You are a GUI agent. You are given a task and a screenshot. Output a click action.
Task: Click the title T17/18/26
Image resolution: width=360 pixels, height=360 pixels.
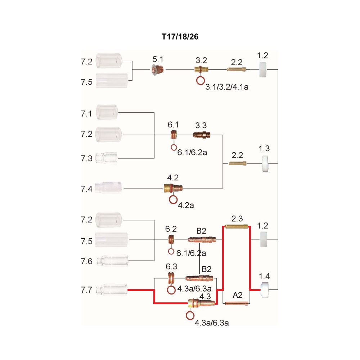[x=180, y=37]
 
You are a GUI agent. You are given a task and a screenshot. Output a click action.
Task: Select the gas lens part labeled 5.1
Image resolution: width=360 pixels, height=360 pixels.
[x=158, y=69]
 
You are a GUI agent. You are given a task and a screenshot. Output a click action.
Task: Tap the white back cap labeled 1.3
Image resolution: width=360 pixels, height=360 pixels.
[x=265, y=164]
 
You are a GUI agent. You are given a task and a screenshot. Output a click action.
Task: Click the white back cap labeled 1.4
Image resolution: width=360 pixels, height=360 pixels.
[x=264, y=290]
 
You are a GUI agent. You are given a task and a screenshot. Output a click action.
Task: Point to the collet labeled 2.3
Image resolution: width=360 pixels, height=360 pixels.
[x=236, y=226]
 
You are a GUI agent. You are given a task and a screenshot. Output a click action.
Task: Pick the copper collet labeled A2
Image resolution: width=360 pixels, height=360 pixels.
[x=237, y=303]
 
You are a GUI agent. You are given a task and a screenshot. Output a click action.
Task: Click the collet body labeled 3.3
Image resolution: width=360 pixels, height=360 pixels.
[x=202, y=135]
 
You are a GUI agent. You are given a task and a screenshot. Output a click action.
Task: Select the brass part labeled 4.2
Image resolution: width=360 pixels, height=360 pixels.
[x=173, y=188]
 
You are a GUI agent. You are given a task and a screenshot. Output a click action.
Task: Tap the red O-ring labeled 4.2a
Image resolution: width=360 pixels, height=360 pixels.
[x=174, y=199]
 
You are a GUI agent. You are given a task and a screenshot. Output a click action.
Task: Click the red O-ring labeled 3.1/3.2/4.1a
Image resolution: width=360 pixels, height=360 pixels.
[x=201, y=81]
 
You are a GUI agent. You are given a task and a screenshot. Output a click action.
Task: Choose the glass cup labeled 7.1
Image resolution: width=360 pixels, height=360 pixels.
[x=107, y=112]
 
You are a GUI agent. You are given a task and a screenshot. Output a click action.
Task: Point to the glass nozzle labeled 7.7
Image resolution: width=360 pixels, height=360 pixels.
[x=112, y=290]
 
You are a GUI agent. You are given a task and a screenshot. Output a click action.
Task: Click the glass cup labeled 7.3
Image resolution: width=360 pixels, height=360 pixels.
[x=106, y=158]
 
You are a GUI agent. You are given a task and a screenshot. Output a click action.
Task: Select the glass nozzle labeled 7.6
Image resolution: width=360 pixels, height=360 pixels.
[x=112, y=261]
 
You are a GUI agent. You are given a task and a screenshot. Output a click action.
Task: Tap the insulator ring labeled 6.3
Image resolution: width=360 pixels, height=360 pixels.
[x=171, y=278]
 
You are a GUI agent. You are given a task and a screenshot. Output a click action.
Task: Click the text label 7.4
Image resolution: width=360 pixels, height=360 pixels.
[x=86, y=189]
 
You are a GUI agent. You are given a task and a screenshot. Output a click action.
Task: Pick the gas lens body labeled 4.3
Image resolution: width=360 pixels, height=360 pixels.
[x=202, y=303]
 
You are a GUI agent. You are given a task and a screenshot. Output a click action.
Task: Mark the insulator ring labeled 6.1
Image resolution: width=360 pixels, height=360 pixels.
[x=174, y=135]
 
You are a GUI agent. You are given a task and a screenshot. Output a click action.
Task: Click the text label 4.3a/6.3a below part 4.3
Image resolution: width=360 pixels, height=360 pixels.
[x=212, y=323]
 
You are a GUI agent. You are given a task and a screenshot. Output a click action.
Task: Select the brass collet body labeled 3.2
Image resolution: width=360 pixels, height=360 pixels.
[x=201, y=69]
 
